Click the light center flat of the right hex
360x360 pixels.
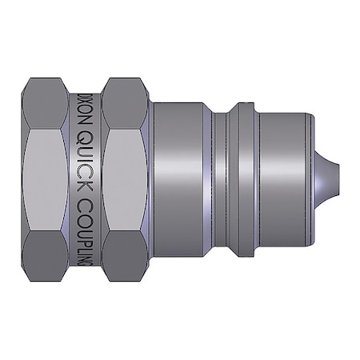pyautogui.click(x=126, y=179)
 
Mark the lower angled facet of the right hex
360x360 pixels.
pyautogui.click(x=126, y=256)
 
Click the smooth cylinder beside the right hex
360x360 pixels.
pyautogui.click(x=180, y=179)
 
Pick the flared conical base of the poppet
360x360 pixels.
pyautogui.click(x=322, y=179)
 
